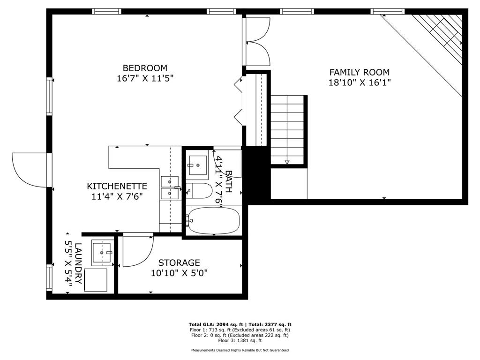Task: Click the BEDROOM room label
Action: click(145, 68)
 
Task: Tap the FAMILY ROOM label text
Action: click(359, 72)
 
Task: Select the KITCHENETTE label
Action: click(117, 186)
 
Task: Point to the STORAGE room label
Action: click(179, 262)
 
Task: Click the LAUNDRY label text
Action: click(78, 263)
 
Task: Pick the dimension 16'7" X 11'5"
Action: click(145, 78)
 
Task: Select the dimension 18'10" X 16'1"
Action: click(360, 82)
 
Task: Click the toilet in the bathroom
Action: click(200, 190)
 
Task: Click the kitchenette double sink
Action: click(169, 187)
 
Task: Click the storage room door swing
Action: click(138, 251)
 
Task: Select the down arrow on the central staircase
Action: click(287, 162)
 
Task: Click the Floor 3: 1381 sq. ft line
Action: click(240, 340)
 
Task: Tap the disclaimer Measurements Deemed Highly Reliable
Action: click(240, 350)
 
